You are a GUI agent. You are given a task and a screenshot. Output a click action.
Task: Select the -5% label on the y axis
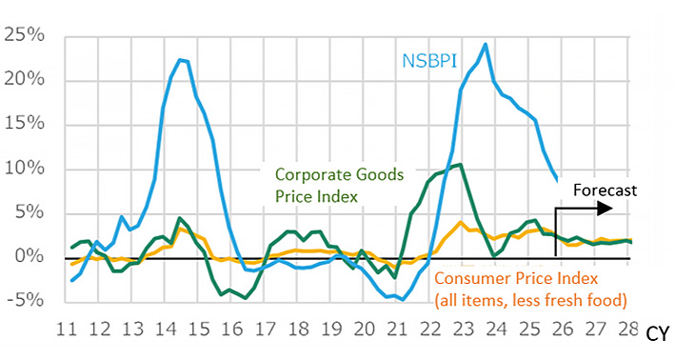click(x=23, y=301)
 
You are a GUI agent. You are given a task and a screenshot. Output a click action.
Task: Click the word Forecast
click(x=605, y=190)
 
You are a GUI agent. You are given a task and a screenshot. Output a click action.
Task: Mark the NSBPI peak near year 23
click(x=486, y=44)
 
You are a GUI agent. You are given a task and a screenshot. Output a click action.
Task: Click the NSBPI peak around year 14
click(x=181, y=60)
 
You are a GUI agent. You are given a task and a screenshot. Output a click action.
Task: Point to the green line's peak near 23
click(x=461, y=165)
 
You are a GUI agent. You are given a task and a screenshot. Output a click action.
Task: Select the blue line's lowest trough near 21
click(x=403, y=299)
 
